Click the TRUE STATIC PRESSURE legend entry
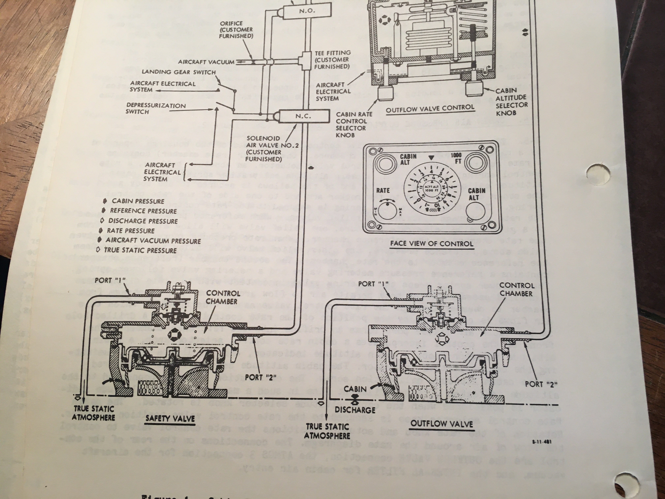140,250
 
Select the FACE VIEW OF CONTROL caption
432,243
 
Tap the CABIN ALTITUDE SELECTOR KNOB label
511,102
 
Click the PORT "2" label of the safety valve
260,378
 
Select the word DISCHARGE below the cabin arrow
355,410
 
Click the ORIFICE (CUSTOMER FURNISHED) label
236,30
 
